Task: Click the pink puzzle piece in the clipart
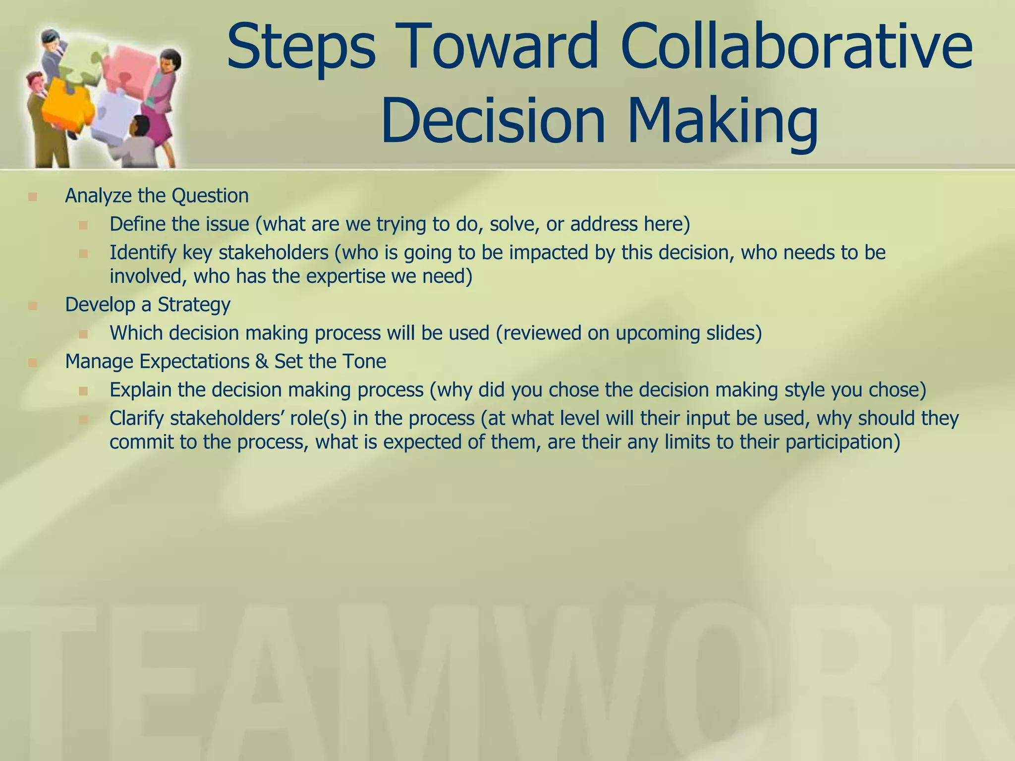[130, 67]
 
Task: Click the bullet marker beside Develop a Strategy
[33, 305]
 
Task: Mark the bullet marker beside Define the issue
[83, 225]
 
